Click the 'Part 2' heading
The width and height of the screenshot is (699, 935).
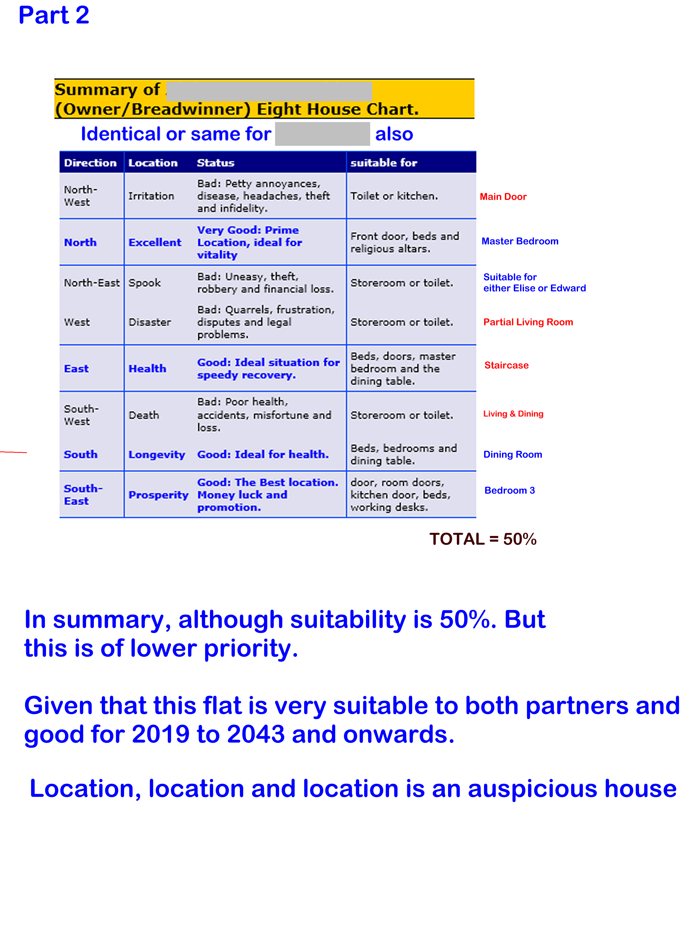pos(54,15)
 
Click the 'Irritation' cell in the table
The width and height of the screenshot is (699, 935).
pos(151,196)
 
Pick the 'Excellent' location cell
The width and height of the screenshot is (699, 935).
pos(155,243)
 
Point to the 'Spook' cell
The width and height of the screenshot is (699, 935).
pos(145,283)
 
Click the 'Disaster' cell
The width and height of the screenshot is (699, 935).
pos(150,322)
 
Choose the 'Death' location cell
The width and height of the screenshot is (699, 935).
pos(144,415)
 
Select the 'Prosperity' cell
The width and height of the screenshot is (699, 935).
pos(158,495)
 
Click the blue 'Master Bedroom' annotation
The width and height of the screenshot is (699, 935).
pos(520,241)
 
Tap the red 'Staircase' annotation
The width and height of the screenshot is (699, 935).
pos(506,365)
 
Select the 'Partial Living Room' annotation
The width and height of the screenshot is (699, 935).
pos(528,322)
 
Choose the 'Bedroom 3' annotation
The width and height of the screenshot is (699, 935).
pos(509,490)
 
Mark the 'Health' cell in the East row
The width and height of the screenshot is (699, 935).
pos(147,368)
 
